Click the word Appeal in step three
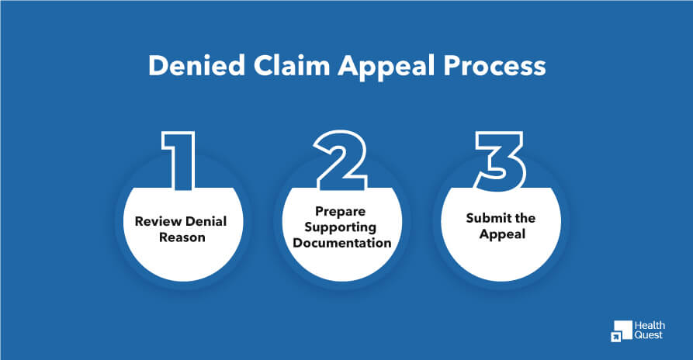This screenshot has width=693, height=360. [x=501, y=234]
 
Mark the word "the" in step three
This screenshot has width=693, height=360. [x=524, y=218]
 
